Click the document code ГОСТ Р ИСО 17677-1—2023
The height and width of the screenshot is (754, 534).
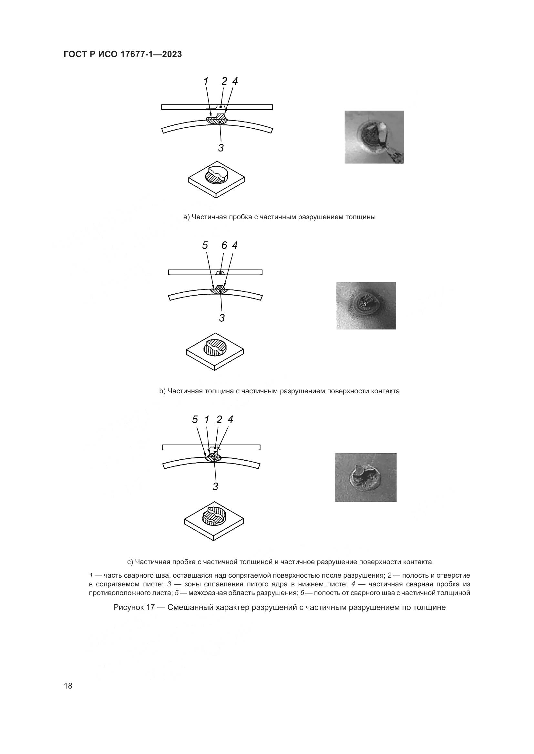(x=123, y=54)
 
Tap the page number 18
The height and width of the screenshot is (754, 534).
(x=68, y=686)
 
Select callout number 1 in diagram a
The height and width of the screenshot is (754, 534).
(x=206, y=82)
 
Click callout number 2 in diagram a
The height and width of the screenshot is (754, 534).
(x=224, y=82)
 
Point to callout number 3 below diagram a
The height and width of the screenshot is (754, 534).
(x=221, y=148)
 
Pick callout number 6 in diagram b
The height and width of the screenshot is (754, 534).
(x=224, y=245)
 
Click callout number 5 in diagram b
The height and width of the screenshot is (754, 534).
(x=205, y=245)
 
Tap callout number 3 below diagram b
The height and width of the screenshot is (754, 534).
(x=222, y=318)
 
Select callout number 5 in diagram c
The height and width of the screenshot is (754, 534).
(x=195, y=420)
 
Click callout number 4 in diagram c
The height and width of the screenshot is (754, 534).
(x=231, y=420)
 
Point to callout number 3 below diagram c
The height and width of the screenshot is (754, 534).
(x=215, y=486)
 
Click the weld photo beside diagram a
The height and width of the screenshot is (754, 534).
(x=374, y=137)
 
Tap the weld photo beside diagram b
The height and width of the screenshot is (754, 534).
(x=366, y=305)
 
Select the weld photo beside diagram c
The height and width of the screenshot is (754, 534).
(x=366, y=478)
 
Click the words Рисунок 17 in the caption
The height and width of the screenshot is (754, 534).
(x=134, y=608)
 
